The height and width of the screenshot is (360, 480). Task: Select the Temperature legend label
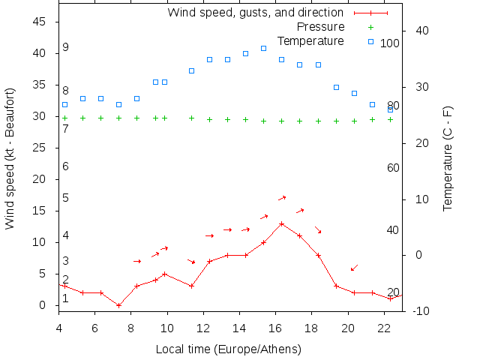tap(310, 40)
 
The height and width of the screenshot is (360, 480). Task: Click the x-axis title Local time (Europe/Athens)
tap(228, 349)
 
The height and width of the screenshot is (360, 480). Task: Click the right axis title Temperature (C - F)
tap(448, 158)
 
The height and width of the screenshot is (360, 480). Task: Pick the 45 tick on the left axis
tap(40, 22)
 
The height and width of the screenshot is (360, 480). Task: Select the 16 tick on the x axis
tap(275, 327)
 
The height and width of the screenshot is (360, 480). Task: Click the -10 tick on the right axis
tap(421, 311)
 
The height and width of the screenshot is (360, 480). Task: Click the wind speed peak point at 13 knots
tap(281, 223)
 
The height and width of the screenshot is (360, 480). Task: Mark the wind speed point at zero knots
tap(118, 305)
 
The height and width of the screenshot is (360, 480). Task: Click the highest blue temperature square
tap(263, 48)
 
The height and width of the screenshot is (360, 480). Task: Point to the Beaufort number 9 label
tap(66, 47)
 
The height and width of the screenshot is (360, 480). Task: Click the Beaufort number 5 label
tap(66, 198)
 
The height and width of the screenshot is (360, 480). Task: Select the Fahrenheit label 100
tap(390, 43)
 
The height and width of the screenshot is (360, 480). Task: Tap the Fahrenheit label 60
tap(393, 167)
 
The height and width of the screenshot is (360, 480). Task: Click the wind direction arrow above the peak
tap(282, 198)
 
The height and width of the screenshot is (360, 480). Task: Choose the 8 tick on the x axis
tap(130, 327)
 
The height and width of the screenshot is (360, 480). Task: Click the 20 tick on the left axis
tap(40, 179)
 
